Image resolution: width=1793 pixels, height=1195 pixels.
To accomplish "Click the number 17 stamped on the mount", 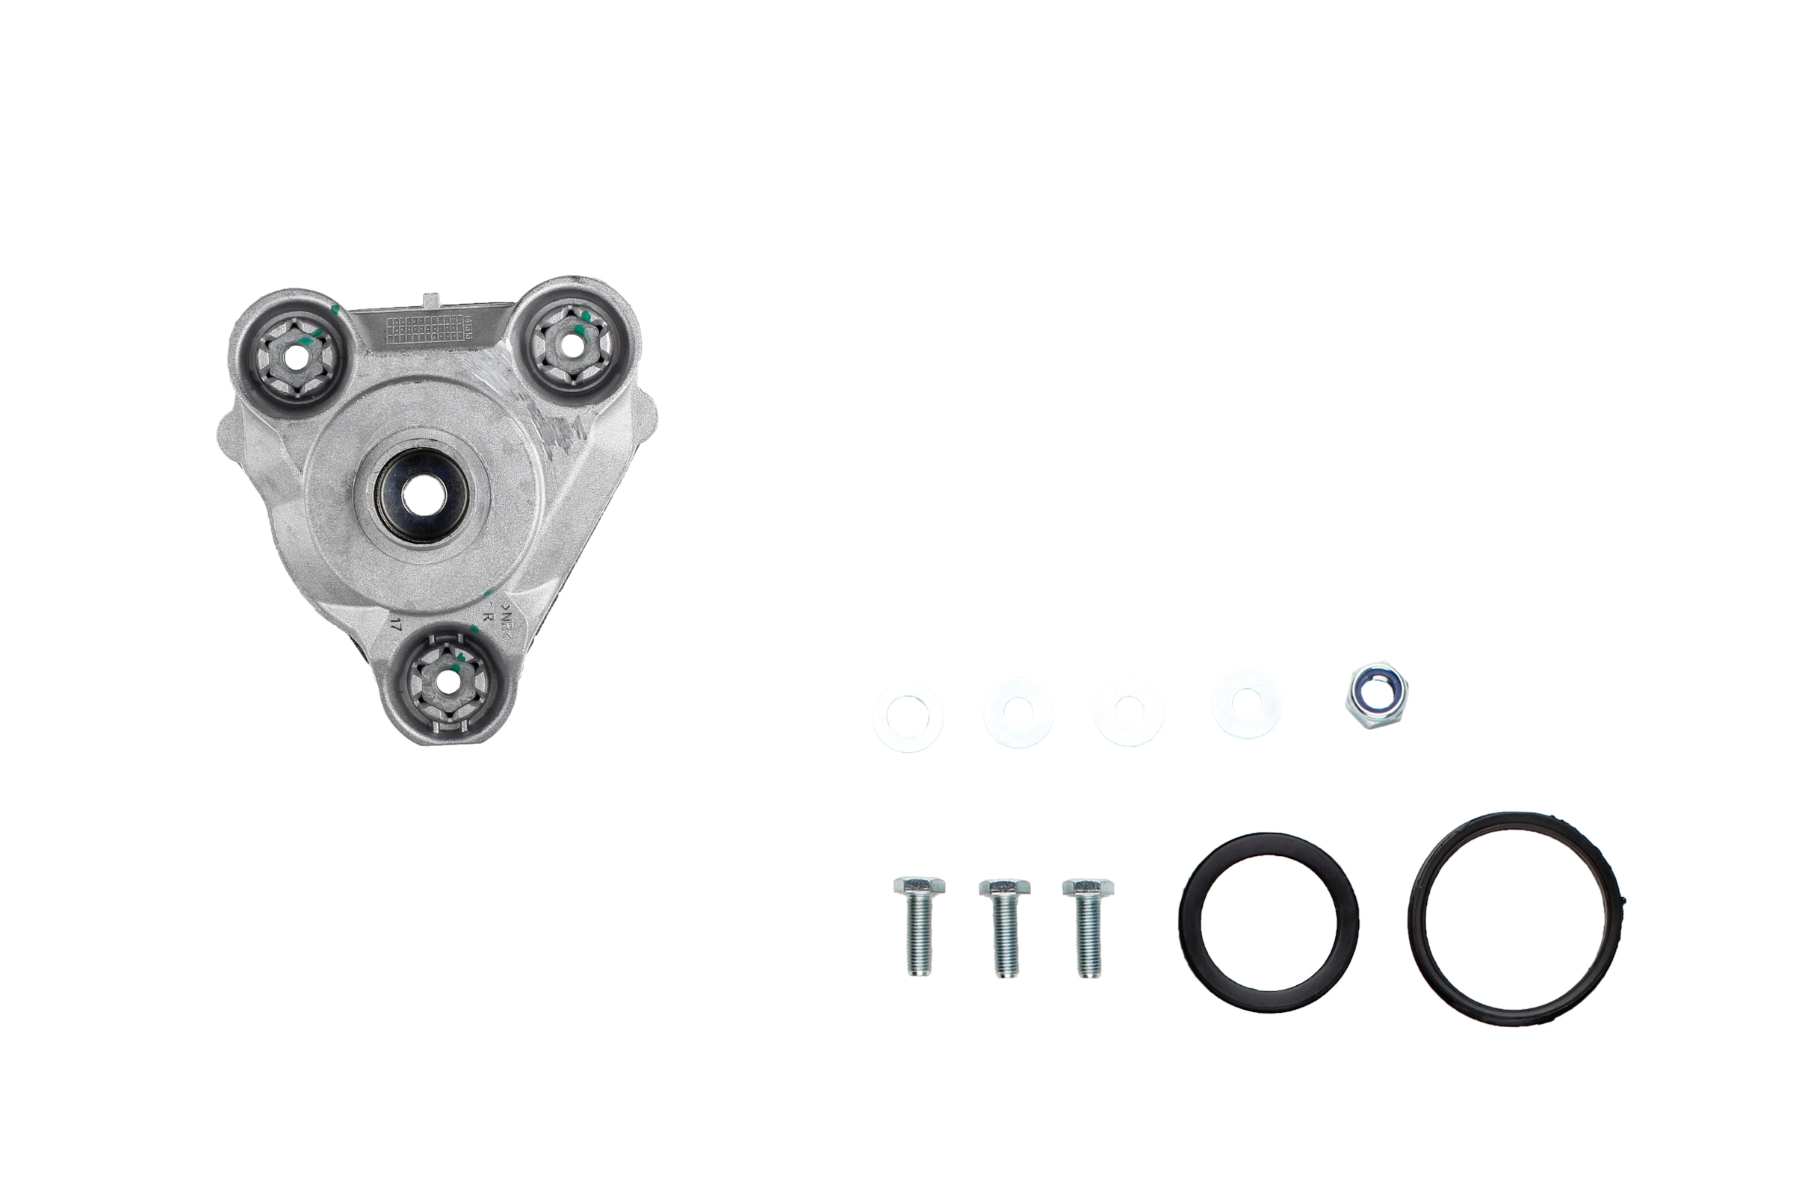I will [x=395, y=627].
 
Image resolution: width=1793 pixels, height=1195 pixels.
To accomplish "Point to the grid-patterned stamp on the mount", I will [x=424, y=329].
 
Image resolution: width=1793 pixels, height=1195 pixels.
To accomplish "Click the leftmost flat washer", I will [x=907, y=717].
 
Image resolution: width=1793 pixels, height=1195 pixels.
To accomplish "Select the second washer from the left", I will [x=1018, y=713].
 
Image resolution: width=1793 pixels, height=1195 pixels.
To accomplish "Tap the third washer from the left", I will [x=1128, y=711].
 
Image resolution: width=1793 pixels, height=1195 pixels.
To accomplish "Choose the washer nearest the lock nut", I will [x=1246, y=703].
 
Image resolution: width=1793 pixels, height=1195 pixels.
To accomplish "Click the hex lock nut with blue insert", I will [x=1375, y=695].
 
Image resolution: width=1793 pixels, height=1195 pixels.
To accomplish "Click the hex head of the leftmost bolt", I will [x=920, y=886].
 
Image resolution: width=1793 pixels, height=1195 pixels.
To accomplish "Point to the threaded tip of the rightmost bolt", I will [x=1089, y=969].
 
